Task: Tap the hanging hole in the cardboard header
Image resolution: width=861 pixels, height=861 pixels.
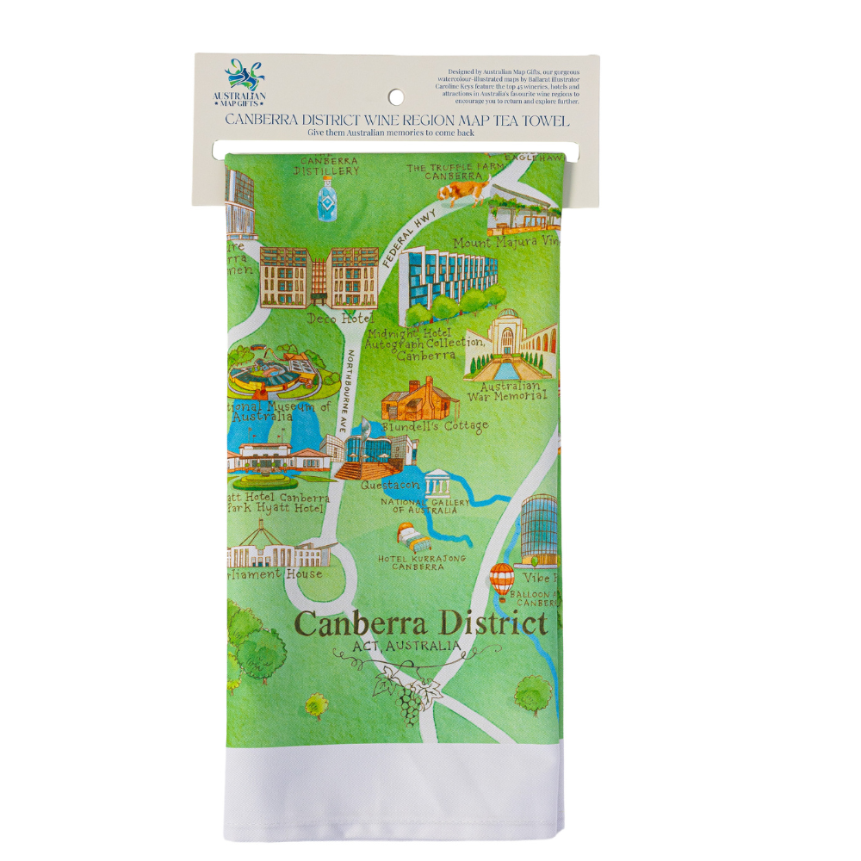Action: (x=395, y=96)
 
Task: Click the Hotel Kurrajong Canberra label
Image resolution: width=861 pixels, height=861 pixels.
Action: (x=422, y=562)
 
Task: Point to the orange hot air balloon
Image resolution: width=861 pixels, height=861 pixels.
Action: (x=501, y=579)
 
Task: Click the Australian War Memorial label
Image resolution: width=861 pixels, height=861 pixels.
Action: (x=507, y=392)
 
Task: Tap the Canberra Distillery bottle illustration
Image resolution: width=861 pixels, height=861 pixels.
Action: (x=325, y=201)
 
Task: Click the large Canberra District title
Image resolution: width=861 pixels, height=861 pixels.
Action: (x=420, y=623)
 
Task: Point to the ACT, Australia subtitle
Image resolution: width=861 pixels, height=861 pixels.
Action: (x=406, y=646)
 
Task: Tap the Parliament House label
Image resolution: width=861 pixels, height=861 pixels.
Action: (x=276, y=574)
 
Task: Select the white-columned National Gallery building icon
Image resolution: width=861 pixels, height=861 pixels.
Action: (x=437, y=484)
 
